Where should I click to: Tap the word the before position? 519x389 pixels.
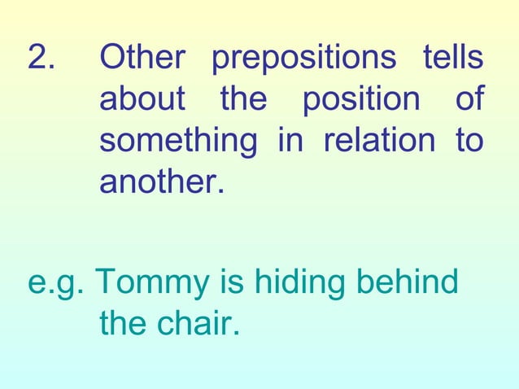pos(243,101)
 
